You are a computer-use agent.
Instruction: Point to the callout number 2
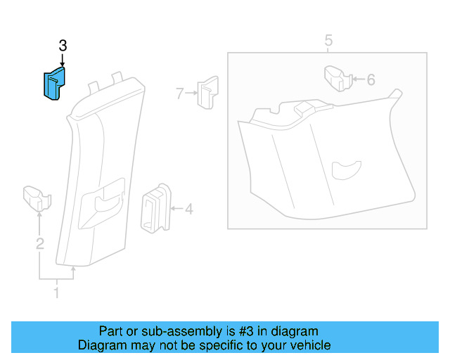click(40, 244)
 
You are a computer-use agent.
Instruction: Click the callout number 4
click(188, 209)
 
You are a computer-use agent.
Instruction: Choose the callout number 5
click(328, 41)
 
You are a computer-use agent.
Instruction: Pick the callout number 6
click(371, 79)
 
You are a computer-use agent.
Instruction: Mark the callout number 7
click(180, 93)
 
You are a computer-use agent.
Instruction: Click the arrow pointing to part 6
click(358, 79)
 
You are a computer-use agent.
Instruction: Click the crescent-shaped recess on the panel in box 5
click(345, 168)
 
